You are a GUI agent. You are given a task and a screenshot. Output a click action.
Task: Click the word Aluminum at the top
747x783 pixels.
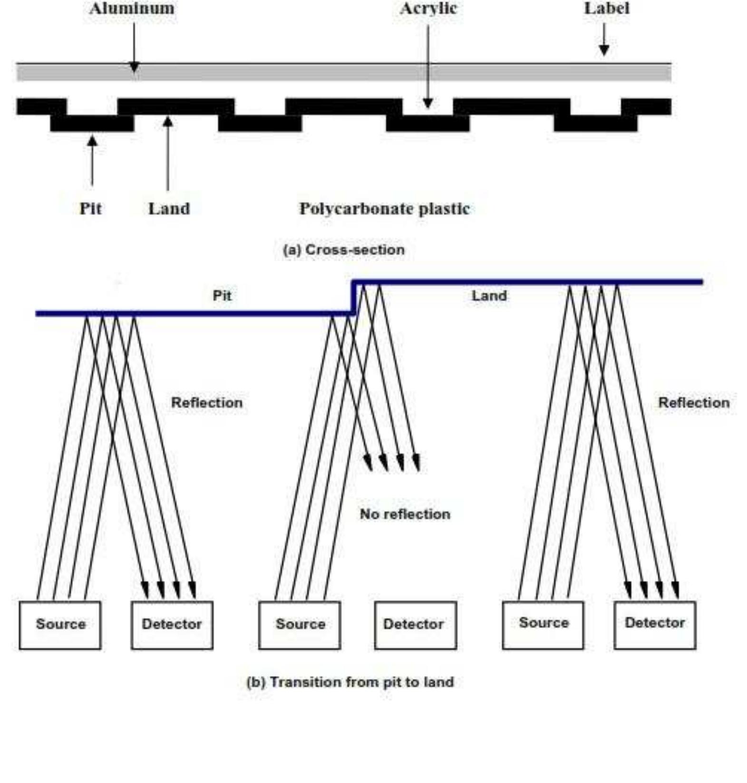tap(132, 8)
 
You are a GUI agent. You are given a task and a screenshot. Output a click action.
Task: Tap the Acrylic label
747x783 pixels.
tap(428, 9)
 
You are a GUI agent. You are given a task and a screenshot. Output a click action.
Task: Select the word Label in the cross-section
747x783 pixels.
tap(607, 8)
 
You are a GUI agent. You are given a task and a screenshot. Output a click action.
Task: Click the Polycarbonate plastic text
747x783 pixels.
tap(384, 208)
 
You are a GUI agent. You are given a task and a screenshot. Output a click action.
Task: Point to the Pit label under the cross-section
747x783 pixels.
tap(90, 208)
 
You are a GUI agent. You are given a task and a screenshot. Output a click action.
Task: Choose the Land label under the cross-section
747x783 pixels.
tap(169, 208)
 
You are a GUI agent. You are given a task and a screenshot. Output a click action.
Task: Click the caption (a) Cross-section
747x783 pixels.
tap(344, 250)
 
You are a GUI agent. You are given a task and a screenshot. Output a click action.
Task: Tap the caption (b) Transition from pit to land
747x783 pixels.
tap(350, 682)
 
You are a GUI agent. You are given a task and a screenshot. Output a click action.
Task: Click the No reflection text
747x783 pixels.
tap(405, 514)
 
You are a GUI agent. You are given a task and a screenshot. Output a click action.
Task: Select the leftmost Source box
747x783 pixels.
tap(60, 625)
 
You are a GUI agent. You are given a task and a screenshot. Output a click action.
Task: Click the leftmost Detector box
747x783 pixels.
tap(172, 625)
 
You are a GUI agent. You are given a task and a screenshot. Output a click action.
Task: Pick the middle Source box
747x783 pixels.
tap(300, 625)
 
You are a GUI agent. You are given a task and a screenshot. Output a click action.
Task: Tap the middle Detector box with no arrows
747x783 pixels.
tap(416, 625)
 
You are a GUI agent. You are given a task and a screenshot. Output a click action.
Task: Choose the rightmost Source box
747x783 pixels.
tap(543, 625)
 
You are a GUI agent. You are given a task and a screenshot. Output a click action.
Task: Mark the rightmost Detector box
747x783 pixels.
tap(655, 625)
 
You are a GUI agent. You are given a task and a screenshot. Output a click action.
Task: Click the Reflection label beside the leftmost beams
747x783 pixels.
tap(207, 403)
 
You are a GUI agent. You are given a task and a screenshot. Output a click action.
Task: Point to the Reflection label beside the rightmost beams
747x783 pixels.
tap(694, 403)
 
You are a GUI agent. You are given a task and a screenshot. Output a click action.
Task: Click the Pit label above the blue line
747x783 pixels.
tap(222, 296)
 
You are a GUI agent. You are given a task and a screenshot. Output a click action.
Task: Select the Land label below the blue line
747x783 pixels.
tap(489, 296)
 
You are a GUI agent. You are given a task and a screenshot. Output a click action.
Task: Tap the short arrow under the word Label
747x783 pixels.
tap(604, 39)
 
